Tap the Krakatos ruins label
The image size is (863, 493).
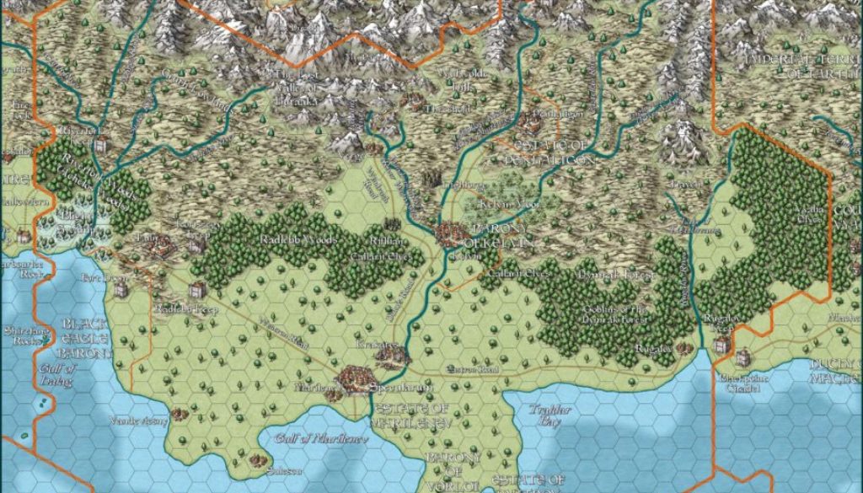click(x=383, y=346)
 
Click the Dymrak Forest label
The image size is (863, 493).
click(x=603, y=274)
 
